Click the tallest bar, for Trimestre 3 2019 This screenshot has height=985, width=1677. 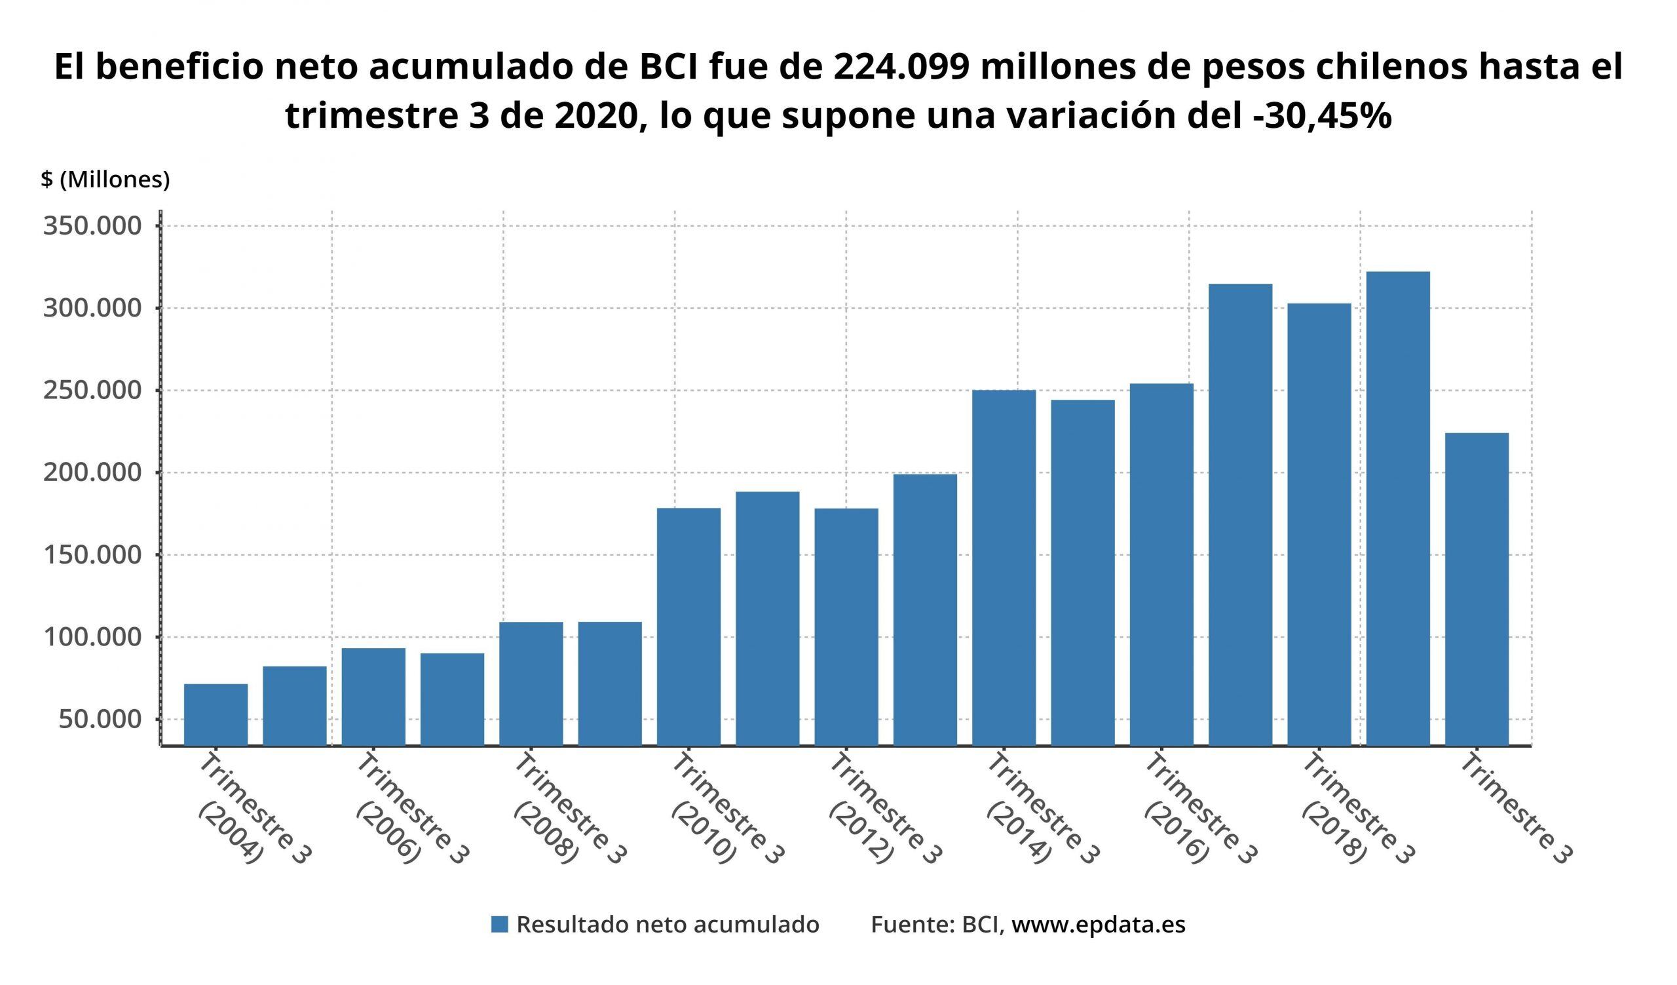pyautogui.click(x=1397, y=509)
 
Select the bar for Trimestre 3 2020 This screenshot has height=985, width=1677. pyautogui.click(x=1477, y=590)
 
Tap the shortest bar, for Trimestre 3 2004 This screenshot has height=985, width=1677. pyautogui.click(x=216, y=715)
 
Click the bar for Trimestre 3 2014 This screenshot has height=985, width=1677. pyautogui.click(x=1004, y=568)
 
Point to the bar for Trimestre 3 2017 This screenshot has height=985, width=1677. pyautogui.click(x=1241, y=514)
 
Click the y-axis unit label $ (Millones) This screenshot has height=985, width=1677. pyautogui.click(x=105, y=180)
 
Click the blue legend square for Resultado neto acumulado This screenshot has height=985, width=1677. pyautogui.click(x=500, y=925)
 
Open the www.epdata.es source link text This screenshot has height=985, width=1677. pyautogui.click(x=1098, y=925)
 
